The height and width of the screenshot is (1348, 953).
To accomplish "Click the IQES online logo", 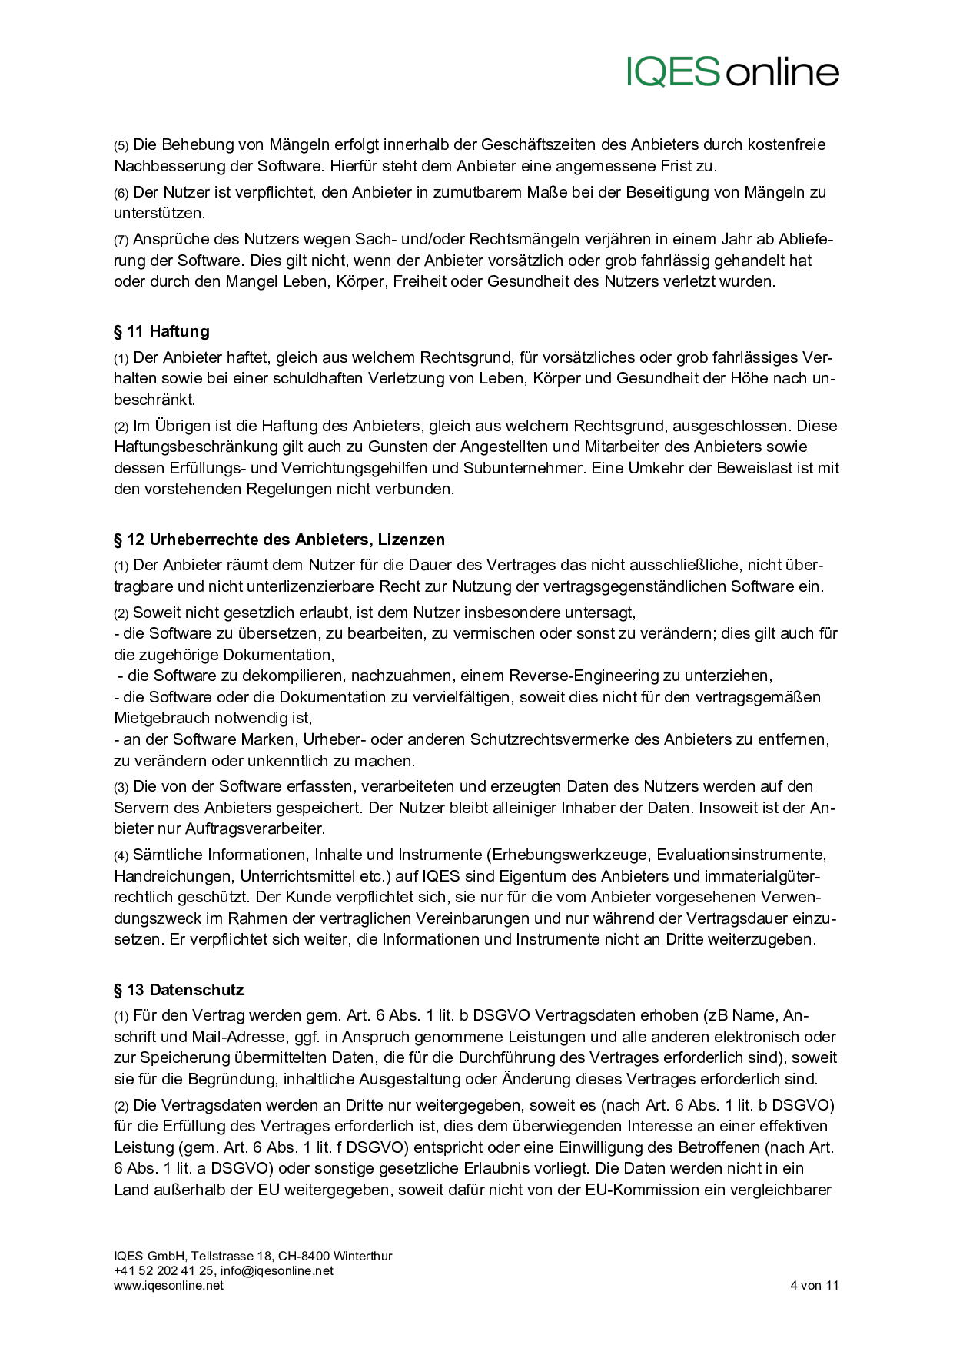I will [x=732, y=71].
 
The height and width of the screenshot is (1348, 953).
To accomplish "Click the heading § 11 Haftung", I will [x=161, y=331].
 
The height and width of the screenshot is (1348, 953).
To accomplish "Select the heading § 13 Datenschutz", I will [x=178, y=990].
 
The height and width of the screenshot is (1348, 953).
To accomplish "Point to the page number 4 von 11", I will [x=814, y=1285].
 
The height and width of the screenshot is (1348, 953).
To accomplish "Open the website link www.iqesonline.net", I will [x=168, y=1285].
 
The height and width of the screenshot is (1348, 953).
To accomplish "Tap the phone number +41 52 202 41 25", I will [x=164, y=1270].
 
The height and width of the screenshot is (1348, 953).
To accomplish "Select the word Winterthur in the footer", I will [x=363, y=1256].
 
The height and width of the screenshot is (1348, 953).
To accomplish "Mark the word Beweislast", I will [x=754, y=468].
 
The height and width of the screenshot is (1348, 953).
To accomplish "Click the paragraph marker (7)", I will [x=121, y=240].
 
